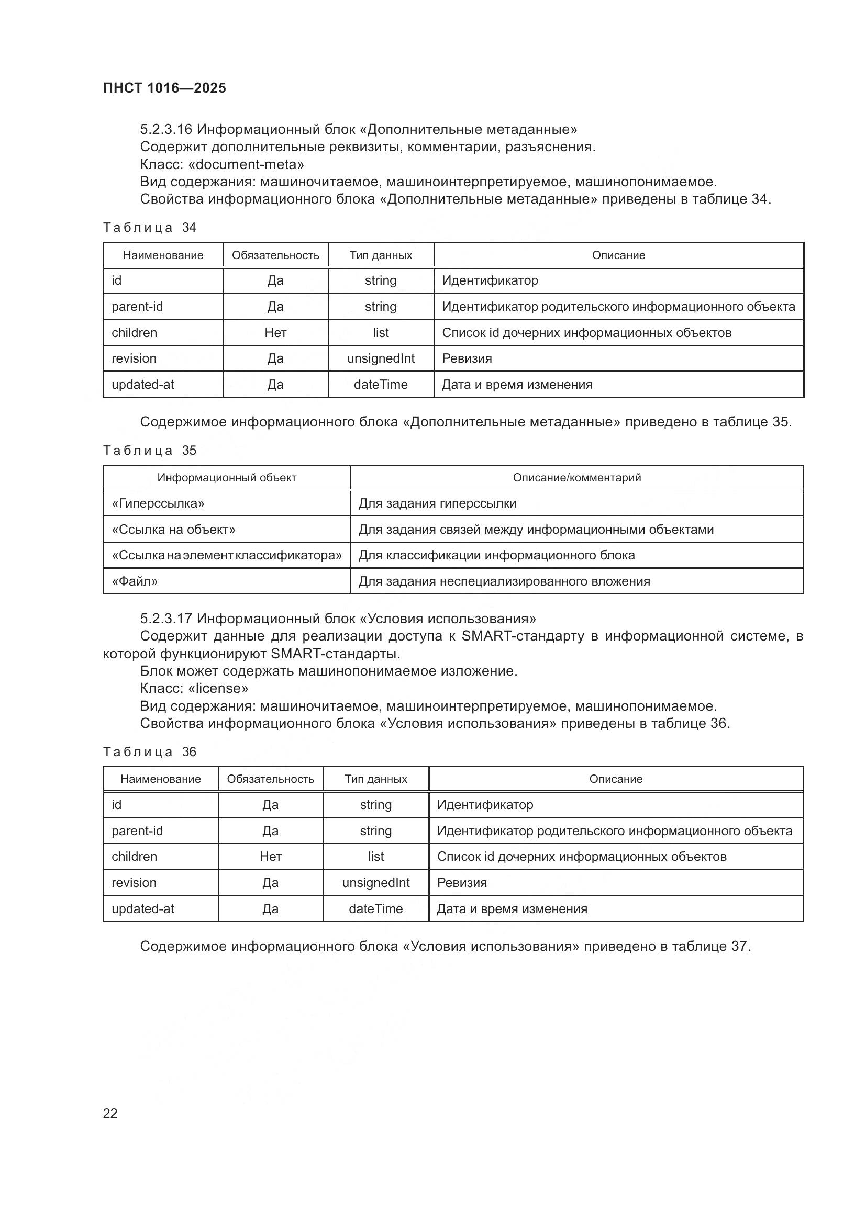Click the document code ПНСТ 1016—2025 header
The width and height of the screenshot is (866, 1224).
(x=164, y=88)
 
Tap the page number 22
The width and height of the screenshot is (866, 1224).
(x=110, y=1113)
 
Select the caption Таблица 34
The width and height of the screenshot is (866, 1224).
(x=149, y=228)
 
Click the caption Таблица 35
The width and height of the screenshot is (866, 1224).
(x=149, y=451)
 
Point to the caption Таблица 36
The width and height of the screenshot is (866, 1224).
(x=149, y=751)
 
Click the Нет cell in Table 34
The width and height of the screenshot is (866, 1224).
(x=275, y=333)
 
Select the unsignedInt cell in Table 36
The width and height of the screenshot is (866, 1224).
(x=375, y=882)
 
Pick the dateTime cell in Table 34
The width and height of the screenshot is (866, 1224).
(x=380, y=385)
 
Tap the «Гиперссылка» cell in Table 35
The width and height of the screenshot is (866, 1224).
(x=158, y=503)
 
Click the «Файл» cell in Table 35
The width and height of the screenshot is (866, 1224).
(x=135, y=581)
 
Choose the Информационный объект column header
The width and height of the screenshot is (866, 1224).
(x=227, y=478)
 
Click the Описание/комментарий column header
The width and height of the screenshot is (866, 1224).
(x=576, y=478)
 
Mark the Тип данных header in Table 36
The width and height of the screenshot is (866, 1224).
(x=375, y=779)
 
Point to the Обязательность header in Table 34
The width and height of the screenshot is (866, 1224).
(x=275, y=255)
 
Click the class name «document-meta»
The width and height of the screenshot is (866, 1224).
(x=246, y=164)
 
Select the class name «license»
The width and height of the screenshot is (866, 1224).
(x=218, y=688)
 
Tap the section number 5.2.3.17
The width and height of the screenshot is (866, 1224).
(x=166, y=619)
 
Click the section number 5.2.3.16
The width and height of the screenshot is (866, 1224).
(x=166, y=130)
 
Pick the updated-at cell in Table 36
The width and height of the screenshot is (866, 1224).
(x=143, y=908)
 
